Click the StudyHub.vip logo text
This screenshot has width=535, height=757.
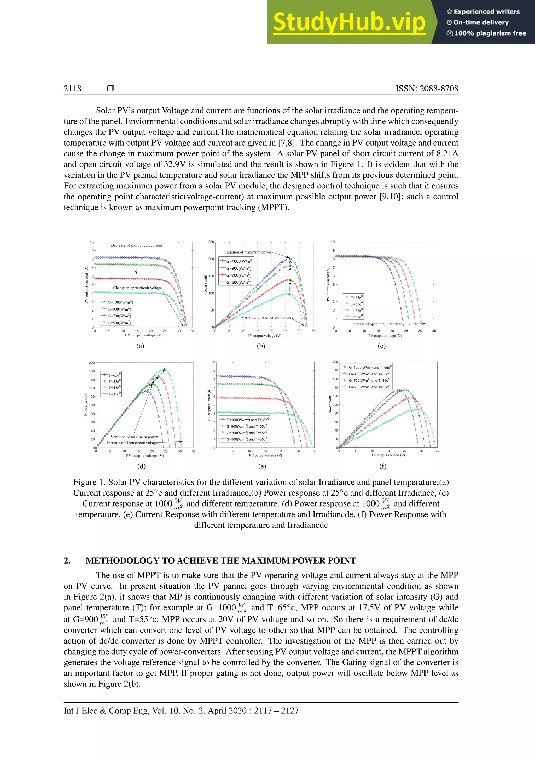[349, 22]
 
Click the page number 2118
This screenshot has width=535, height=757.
[72, 88]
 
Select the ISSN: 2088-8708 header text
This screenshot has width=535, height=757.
[427, 88]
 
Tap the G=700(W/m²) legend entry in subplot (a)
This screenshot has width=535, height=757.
[119, 316]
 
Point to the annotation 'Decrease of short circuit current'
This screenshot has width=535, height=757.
[136, 245]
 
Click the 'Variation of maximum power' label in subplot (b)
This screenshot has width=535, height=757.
[247, 252]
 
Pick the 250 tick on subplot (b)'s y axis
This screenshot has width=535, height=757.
[211, 242]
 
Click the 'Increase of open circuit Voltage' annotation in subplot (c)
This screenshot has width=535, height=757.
[376, 324]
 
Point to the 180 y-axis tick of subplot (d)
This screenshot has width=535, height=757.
[92, 371]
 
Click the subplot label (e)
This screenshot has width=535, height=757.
[262, 466]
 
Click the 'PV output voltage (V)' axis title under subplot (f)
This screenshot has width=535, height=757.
[388, 455]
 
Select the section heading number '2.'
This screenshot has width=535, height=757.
[67, 560]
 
